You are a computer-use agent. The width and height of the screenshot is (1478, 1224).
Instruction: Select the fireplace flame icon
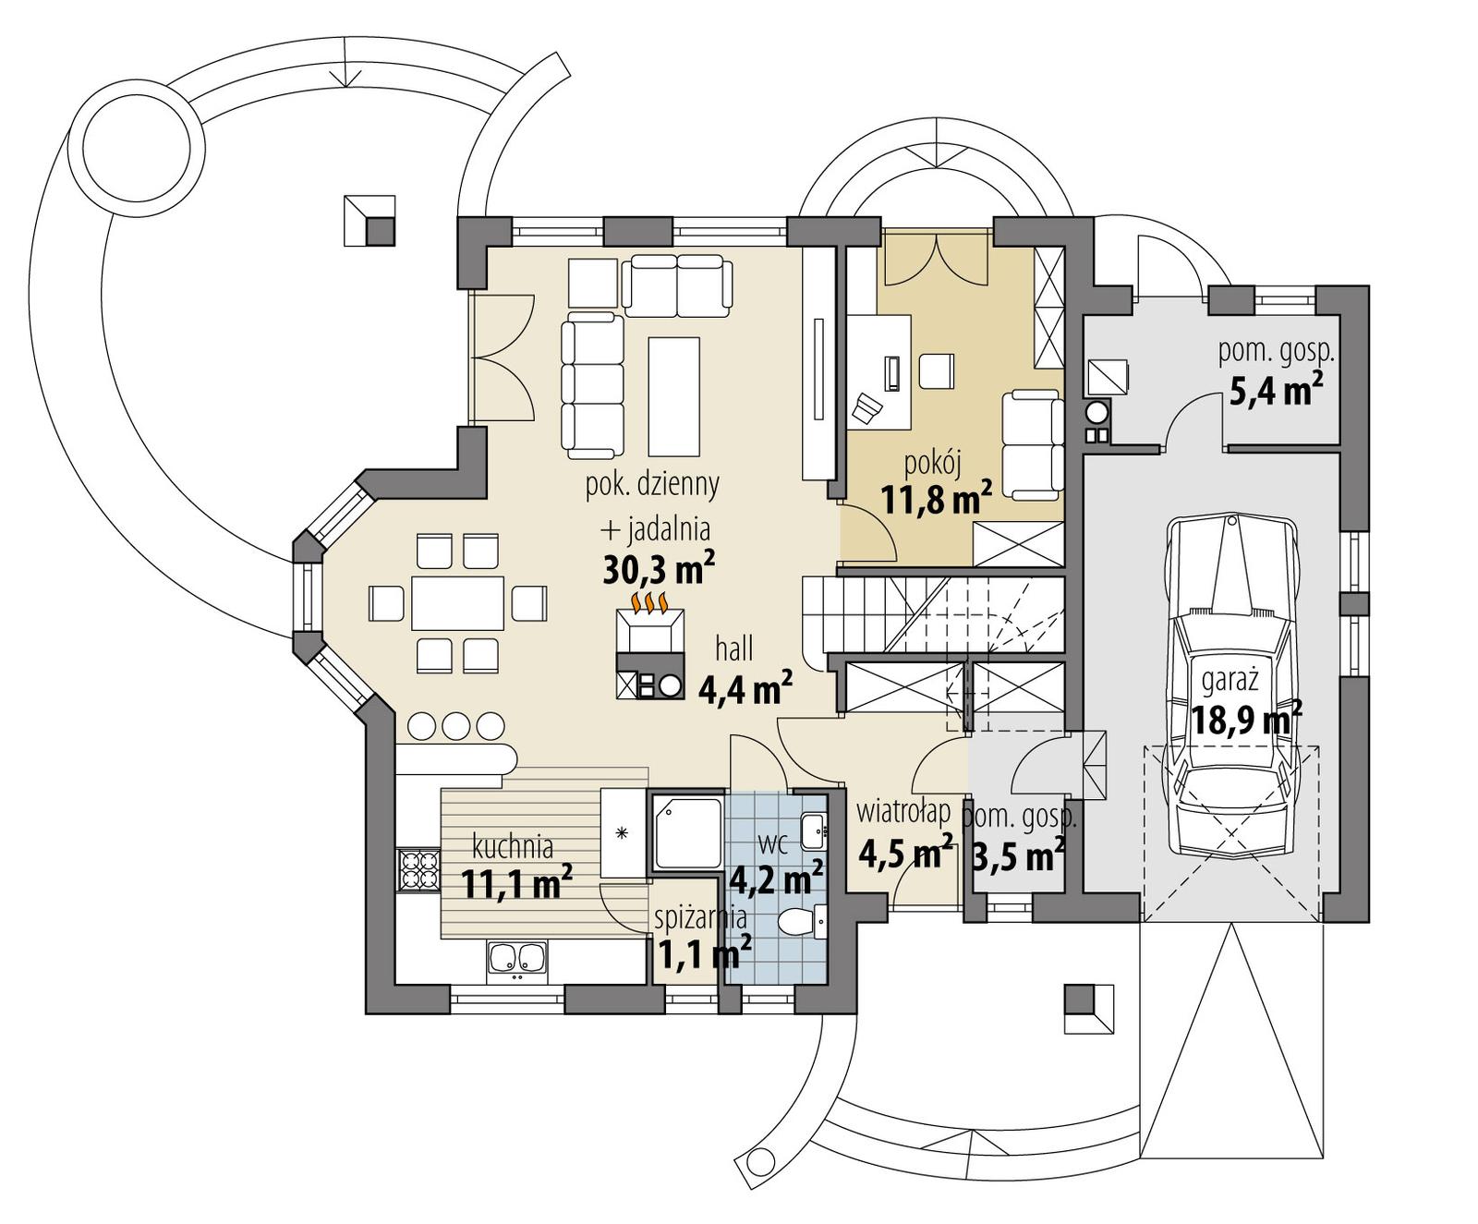point(649,602)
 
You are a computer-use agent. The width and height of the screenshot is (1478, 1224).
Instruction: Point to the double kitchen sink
point(517,958)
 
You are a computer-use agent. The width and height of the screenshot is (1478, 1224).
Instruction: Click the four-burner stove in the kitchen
point(418,869)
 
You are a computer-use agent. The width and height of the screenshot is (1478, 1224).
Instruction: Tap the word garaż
point(1230,681)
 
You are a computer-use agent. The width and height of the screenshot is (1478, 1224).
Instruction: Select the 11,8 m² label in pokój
point(936,500)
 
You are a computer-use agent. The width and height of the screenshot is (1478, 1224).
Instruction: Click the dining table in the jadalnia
point(458,603)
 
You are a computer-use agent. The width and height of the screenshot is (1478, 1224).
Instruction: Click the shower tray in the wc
point(687,832)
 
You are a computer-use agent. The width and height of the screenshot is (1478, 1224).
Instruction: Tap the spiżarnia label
point(700,918)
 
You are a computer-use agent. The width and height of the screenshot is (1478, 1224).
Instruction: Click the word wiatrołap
point(903,813)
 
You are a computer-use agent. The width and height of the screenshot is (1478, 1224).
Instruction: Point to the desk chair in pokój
point(868,407)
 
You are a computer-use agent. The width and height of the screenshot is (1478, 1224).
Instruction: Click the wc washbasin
point(813,830)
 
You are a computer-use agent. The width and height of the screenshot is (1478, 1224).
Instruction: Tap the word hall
point(734,649)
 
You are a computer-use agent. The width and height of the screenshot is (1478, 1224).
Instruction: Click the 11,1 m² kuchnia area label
point(516,883)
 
